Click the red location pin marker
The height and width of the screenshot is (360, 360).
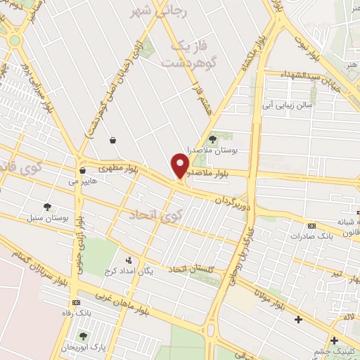coord(180,165)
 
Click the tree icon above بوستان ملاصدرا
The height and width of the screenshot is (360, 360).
coord(212,139)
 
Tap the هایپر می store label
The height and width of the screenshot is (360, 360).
coord(82,181)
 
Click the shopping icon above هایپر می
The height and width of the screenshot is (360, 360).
coord(82,170)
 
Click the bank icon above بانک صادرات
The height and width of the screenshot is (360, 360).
coord(311,226)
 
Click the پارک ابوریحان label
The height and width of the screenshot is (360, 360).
coord(84,347)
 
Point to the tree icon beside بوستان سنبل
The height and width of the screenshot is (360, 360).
coord(47,207)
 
